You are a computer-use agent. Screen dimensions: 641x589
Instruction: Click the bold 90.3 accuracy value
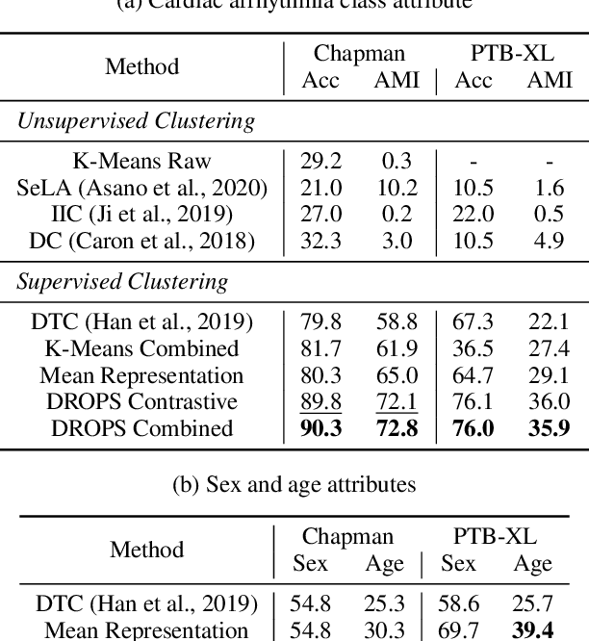pyautogui.click(x=320, y=427)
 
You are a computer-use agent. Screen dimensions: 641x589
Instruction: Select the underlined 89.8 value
pyautogui.click(x=320, y=401)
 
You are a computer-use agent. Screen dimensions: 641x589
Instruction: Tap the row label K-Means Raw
pyautogui.click(x=141, y=162)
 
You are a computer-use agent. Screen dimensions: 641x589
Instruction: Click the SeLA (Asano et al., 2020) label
pyautogui.click(x=141, y=188)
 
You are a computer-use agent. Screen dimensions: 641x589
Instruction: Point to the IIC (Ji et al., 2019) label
pyautogui.click(x=141, y=214)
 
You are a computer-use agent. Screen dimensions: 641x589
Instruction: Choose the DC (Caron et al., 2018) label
pyautogui.click(x=141, y=240)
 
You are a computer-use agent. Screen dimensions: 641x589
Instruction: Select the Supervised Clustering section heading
pyautogui.click(x=124, y=282)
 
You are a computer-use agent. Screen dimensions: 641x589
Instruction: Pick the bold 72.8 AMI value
pyautogui.click(x=396, y=427)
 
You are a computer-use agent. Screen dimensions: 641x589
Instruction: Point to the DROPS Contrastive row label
pyautogui.click(x=141, y=401)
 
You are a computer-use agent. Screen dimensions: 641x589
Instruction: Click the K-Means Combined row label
pyautogui.click(x=141, y=348)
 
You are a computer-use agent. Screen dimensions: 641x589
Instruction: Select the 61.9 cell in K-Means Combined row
pyautogui.click(x=396, y=348)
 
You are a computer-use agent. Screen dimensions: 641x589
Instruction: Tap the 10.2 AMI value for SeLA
pyautogui.click(x=396, y=188)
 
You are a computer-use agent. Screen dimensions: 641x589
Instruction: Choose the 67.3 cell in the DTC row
pyautogui.click(x=473, y=322)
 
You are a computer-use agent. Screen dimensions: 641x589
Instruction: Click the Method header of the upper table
pyautogui.click(x=141, y=66)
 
